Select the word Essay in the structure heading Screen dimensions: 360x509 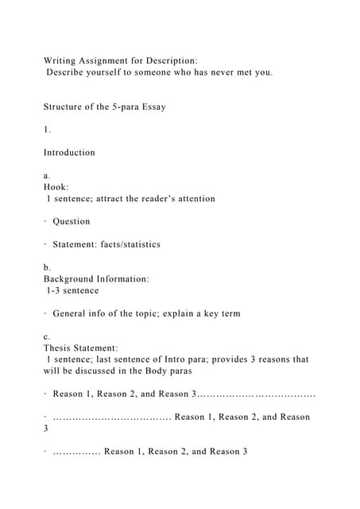148,107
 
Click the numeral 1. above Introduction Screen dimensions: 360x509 47,129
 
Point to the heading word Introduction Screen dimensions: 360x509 69,152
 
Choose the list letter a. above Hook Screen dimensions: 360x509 47,175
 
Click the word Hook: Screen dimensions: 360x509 57,187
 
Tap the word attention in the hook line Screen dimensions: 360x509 193,198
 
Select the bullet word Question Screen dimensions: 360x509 72,221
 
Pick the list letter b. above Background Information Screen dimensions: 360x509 47,268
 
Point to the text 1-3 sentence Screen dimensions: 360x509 72,290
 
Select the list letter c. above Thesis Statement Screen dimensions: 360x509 47,336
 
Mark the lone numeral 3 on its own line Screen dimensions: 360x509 46,428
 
